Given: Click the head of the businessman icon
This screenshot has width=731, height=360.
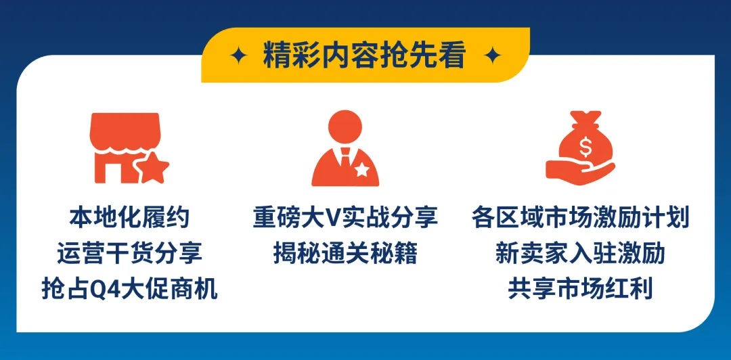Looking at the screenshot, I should click(x=345, y=129).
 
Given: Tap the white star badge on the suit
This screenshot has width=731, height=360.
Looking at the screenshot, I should click(x=363, y=170).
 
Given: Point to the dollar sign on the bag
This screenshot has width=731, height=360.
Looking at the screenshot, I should click(x=583, y=145).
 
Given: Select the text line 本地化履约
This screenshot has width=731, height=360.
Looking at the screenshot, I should click(x=129, y=218).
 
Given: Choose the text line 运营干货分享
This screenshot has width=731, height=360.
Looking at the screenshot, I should click(x=129, y=254).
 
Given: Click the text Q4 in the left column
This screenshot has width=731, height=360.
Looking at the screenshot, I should click(x=90, y=290).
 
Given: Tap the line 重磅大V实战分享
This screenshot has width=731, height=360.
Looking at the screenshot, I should click(x=345, y=218).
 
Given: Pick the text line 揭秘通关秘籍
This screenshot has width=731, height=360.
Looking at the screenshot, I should click(x=345, y=254).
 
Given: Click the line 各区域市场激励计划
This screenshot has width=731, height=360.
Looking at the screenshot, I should click(x=580, y=218).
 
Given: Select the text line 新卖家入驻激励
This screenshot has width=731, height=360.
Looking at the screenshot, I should click(x=580, y=254).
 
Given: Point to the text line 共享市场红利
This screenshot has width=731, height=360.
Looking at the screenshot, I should click(x=580, y=290).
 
